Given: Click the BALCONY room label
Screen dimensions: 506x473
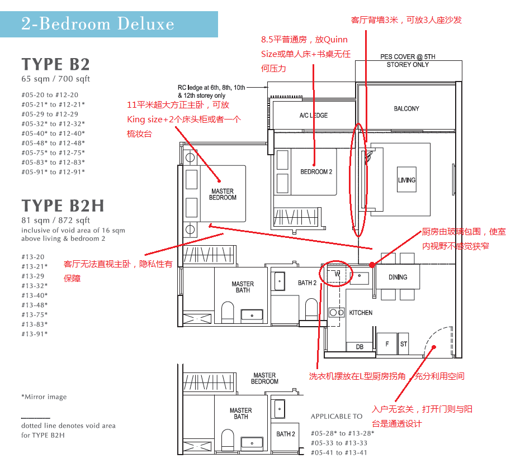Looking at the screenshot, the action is pyautogui.click(x=406, y=108).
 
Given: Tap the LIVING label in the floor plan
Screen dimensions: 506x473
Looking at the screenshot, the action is pyautogui.click(x=406, y=180).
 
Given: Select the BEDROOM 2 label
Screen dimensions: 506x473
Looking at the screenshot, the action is pyautogui.click(x=316, y=172).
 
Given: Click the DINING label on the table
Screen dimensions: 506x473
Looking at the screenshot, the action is pyautogui.click(x=398, y=277).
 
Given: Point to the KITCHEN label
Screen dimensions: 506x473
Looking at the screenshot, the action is pyautogui.click(x=361, y=313).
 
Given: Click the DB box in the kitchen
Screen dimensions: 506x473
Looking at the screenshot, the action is pyautogui.click(x=360, y=347).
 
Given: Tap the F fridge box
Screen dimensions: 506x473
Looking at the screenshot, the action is pyautogui.click(x=387, y=344).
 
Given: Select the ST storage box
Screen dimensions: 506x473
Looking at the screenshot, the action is pyautogui.click(x=403, y=344).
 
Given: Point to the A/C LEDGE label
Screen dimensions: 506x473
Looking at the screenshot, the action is pyautogui.click(x=313, y=116).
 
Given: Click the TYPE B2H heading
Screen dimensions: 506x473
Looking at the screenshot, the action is pyautogui.click(x=63, y=206).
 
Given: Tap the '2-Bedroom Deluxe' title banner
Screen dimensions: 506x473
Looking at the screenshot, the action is pyautogui.click(x=109, y=24).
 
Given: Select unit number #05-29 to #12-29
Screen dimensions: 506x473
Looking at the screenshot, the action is pyautogui.click(x=50, y=114).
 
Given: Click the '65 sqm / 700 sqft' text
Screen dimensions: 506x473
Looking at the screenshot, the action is pyautogui.click(x=55, y=79).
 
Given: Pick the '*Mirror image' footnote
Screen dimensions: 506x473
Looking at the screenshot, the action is pyautogui.click(x=44, y=396).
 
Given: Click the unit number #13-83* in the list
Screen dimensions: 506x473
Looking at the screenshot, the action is pyautogui.click(x=35, y=324).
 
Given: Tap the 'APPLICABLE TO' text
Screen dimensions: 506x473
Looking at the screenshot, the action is pyautogui.click(x=337, y=416).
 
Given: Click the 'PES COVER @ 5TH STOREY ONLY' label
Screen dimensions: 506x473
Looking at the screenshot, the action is pyautogui.click(x=408, y=60).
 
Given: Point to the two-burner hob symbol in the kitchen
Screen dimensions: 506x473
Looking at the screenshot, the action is pyautogui.click(x=337, y=312).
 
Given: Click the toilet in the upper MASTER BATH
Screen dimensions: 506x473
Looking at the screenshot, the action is pyautogui.click(x=228, y=312).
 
